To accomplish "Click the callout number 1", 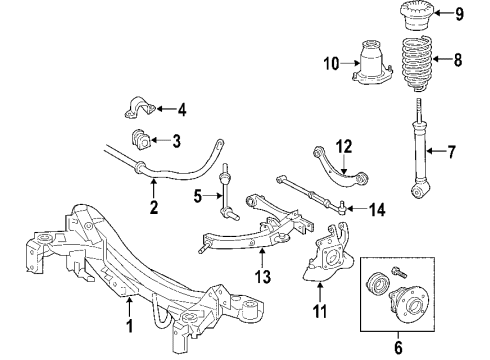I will tap(128, 326).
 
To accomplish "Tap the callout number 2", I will tap(154, 208).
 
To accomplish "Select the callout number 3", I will tap(176, 140).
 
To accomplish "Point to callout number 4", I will tap(181, 108).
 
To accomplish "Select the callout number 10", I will tap(331, 64).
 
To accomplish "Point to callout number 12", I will tap(343, 146).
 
